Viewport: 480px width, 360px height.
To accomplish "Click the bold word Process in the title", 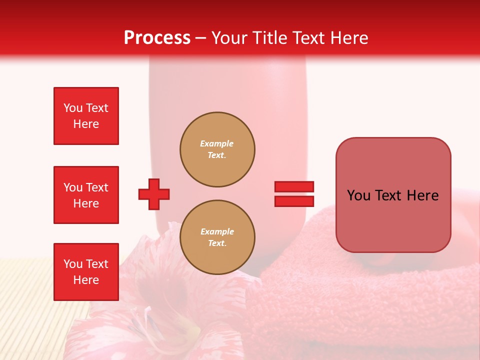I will tap(157, 37).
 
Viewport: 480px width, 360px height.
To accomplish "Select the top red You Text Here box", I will tap(86, 116).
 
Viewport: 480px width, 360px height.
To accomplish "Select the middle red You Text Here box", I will tap(86, 195).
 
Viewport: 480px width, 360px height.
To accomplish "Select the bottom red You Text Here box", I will tap(86, 271).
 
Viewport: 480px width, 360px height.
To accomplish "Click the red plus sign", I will tap(154, 194).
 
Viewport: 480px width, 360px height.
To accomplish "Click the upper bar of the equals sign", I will tap(294, 187).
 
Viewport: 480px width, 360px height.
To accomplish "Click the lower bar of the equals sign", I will tap(294, 201).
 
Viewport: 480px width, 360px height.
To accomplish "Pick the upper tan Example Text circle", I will tap(217, 149).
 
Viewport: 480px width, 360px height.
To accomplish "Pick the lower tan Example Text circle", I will tap(217, 237).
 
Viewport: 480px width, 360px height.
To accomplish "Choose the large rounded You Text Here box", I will tap(393, 195).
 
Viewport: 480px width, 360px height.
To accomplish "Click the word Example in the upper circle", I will tap(217, 143).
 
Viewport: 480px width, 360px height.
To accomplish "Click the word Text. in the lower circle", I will tap(217, 243).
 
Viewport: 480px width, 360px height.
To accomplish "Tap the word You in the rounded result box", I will tap(358, 195).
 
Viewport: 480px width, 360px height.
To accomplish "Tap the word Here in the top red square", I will tap(86, 124).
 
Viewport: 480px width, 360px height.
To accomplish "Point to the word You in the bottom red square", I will tap(72, 264).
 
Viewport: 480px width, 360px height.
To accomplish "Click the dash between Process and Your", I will tap(200, 38).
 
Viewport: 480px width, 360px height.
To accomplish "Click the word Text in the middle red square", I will tap(97, 187).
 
